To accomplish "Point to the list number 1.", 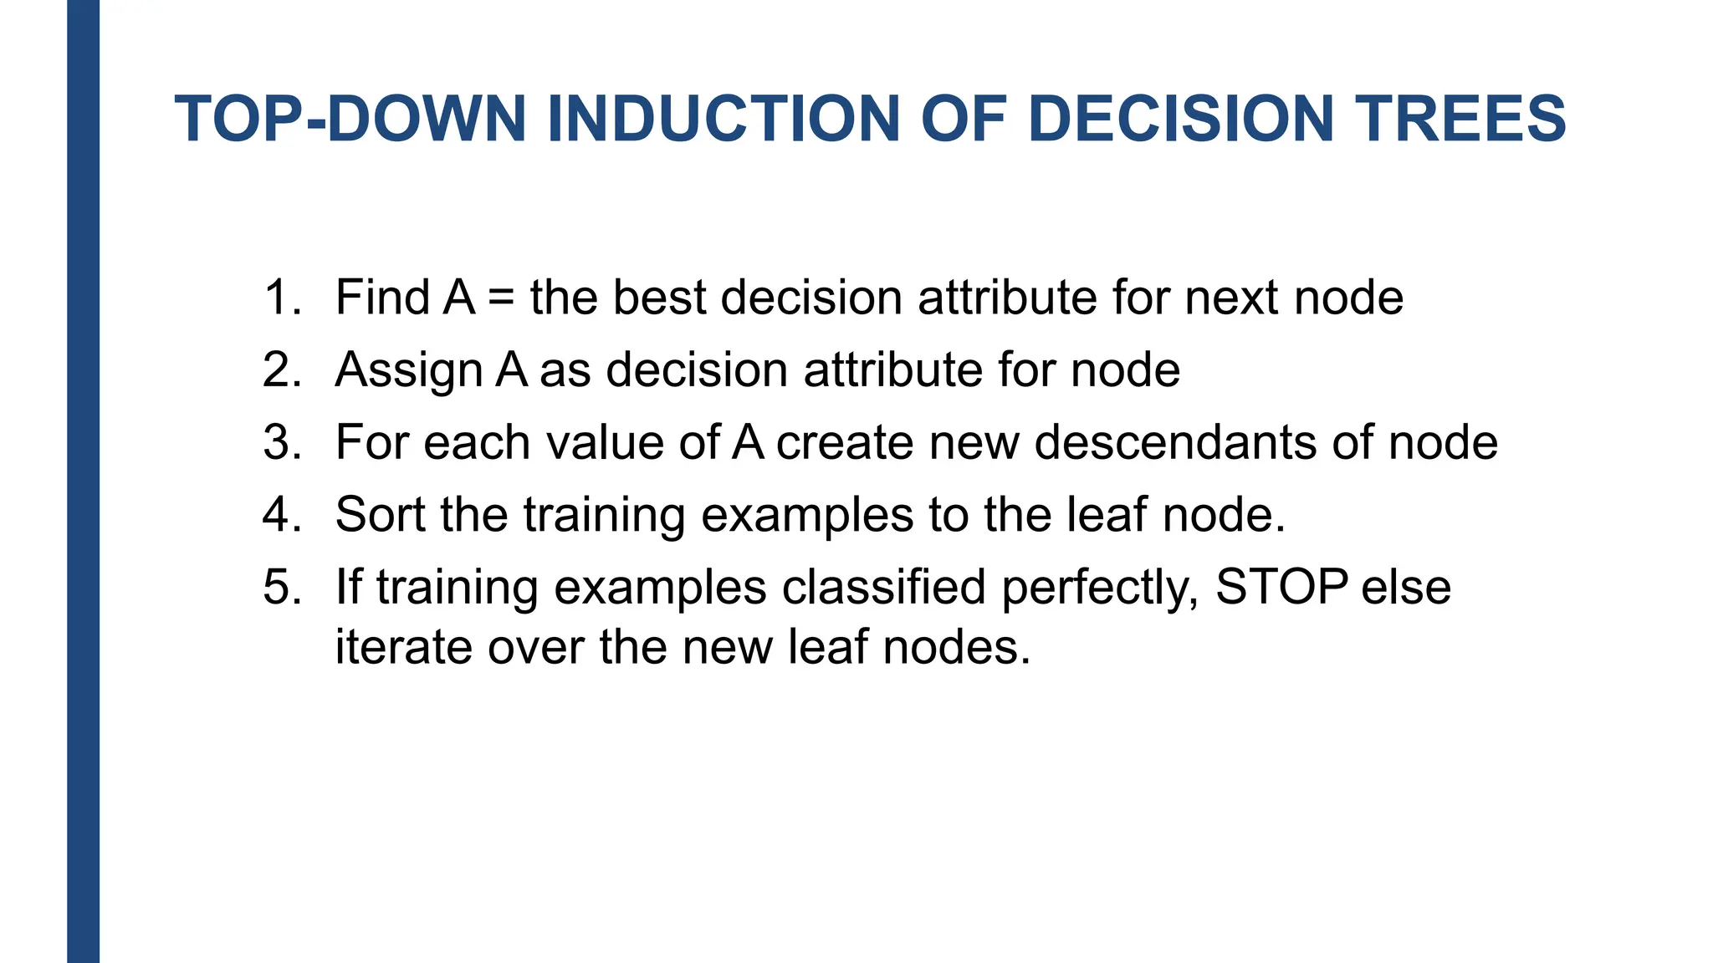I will click(x=281, y=298).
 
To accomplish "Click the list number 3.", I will click(x=281, y=442).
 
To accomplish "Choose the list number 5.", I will click(x=281, y=587).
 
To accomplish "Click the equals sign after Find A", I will click(x=502, y=298).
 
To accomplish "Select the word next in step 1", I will click(x=1231, y=298).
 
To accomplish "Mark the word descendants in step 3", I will click(x=1175, y=442).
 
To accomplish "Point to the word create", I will click(x=845, y=442).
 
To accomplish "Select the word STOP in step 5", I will click(x=1281, y=587).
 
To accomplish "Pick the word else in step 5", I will click(x=1406, y=587).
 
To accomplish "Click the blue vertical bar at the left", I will click(x=83, y=481).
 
